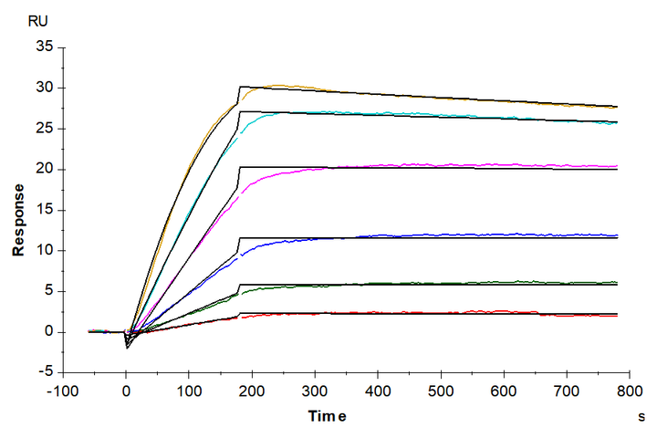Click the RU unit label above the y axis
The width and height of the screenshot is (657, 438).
pos(38,19)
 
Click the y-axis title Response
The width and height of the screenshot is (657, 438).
pos(17,210)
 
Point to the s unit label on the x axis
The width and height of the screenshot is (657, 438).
pos(641,417)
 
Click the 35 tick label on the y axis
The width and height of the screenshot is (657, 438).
pos(41,47)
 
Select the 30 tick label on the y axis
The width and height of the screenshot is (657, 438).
pos(41,89)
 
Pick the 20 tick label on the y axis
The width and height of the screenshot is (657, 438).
pos(41,170)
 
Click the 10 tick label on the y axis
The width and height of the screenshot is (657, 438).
pos(41,251)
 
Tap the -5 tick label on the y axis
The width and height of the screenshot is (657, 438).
pos(43,372)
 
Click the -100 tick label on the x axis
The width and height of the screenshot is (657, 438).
pos(63,390)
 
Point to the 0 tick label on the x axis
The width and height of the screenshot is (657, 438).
pos(126,390)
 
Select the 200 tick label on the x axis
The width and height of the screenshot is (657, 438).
pos(252,390)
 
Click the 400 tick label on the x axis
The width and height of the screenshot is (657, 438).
pos(378,390)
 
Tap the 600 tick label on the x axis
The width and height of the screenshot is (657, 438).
pos(504,390)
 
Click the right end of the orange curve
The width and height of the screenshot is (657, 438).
pos(617,108)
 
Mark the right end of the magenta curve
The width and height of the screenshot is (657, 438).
pos(617,166)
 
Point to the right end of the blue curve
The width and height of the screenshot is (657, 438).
pos(617,235)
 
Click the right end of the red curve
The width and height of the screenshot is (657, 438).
pos(617,316)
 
